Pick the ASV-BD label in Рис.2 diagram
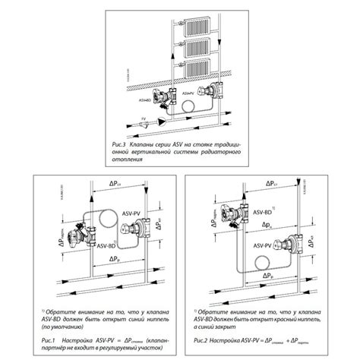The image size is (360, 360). coord(262,214)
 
